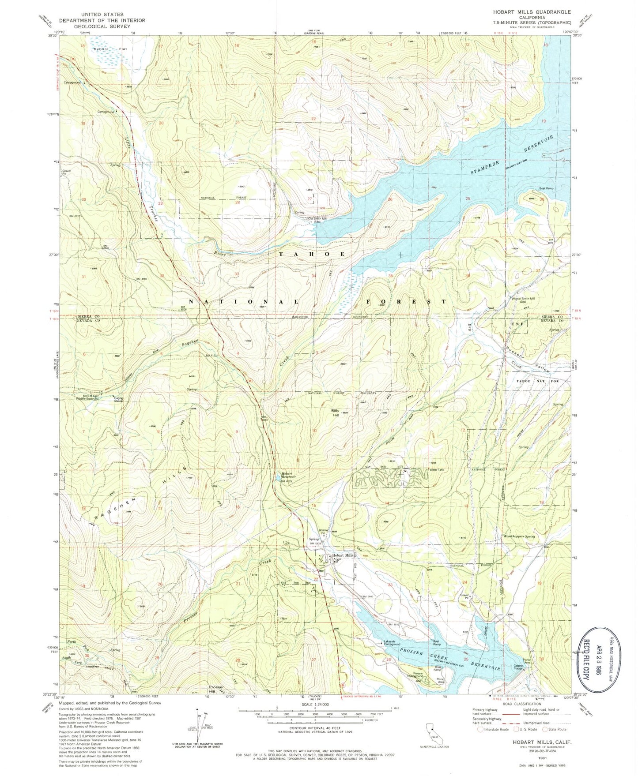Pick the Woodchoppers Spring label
(x=519, y=536)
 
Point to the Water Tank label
(x=436, y=469)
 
